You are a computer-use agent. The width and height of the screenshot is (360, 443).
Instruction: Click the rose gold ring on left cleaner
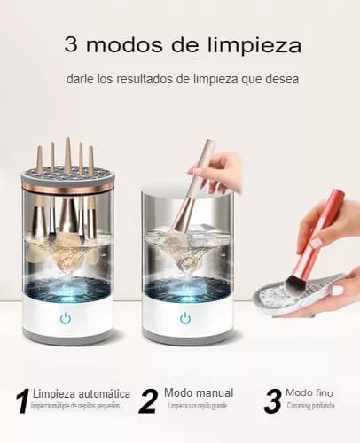[x=67, y=188]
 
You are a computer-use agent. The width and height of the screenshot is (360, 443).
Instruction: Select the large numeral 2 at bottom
[x=147, y=401]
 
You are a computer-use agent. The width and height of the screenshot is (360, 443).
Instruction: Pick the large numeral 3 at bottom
[x=273, y=401]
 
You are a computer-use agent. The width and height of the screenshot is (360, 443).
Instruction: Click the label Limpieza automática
[x=80, y=393]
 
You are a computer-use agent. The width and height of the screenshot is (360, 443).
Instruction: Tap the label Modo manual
[x=200, y=392]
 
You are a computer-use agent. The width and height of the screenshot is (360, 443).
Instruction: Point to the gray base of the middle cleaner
[x=187, y=338]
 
